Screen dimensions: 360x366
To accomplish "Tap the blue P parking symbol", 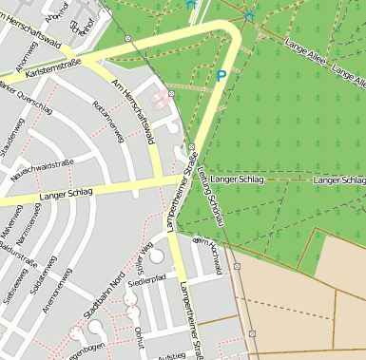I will (222, 76).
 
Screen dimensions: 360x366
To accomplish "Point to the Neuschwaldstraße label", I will (42, 171).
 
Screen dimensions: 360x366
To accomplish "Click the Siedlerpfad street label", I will (146, 280).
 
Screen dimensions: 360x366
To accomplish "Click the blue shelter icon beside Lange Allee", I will (250, 15).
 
